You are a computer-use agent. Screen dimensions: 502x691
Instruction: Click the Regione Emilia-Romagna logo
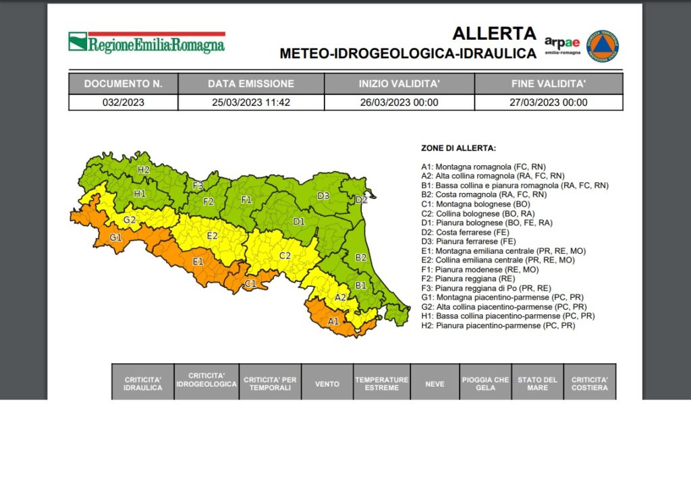146,43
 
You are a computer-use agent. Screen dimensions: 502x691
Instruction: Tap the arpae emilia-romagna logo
562,45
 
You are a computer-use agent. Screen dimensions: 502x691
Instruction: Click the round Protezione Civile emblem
603,46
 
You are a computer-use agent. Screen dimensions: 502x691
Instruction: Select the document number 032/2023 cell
123,103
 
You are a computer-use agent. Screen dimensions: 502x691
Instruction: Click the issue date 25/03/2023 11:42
250,103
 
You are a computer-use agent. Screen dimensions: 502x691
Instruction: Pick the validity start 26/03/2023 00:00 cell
399,103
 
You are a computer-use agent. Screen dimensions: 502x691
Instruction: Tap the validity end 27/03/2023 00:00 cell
548,103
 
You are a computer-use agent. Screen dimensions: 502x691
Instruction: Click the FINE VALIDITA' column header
548,84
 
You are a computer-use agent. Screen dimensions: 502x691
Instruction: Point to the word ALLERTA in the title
494,33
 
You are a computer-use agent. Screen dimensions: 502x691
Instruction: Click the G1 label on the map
116,238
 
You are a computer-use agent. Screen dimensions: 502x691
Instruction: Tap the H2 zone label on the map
143,169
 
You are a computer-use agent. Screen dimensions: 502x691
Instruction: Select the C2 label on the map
285,256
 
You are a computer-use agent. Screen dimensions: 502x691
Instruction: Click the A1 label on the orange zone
333,321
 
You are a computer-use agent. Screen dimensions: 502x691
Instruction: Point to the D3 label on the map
323,196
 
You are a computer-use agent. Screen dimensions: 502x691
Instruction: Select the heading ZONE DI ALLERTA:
458,148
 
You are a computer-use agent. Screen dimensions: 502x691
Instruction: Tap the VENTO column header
327,383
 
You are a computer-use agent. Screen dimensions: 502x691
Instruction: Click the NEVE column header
435,383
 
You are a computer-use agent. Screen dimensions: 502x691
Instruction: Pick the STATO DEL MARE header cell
537,383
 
